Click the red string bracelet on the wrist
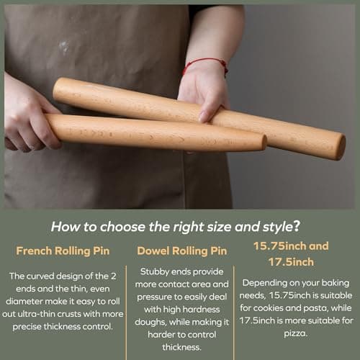coord(207,66)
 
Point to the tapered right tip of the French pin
coord(261,143)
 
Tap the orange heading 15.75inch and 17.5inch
coord(292,253)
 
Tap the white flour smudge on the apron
coord(65,47)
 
